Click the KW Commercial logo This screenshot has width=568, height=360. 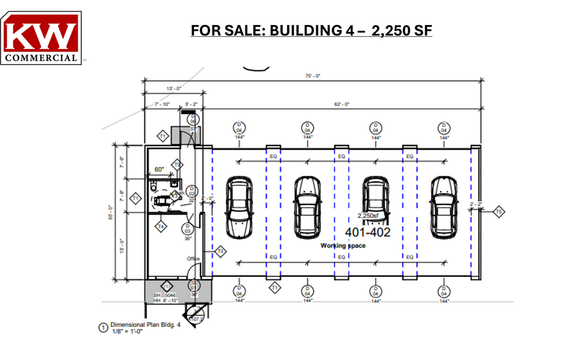point(41,37)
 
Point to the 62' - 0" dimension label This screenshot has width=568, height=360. point(341,104)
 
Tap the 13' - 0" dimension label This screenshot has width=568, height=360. point(173,89)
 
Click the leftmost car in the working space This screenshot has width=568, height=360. point(237,208)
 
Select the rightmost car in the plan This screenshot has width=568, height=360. point(442,208)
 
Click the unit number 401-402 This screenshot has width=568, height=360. point(368,232)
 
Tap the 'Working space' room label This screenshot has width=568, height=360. point(343,245)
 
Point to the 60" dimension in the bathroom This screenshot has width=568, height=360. point(160,170)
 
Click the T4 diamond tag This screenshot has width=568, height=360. point(160,227)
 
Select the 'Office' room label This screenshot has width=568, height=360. point(193,259)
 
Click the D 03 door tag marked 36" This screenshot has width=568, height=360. point(188,229)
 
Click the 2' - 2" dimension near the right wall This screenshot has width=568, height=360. point(476,203)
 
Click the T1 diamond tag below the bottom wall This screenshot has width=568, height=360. point(275,287)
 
